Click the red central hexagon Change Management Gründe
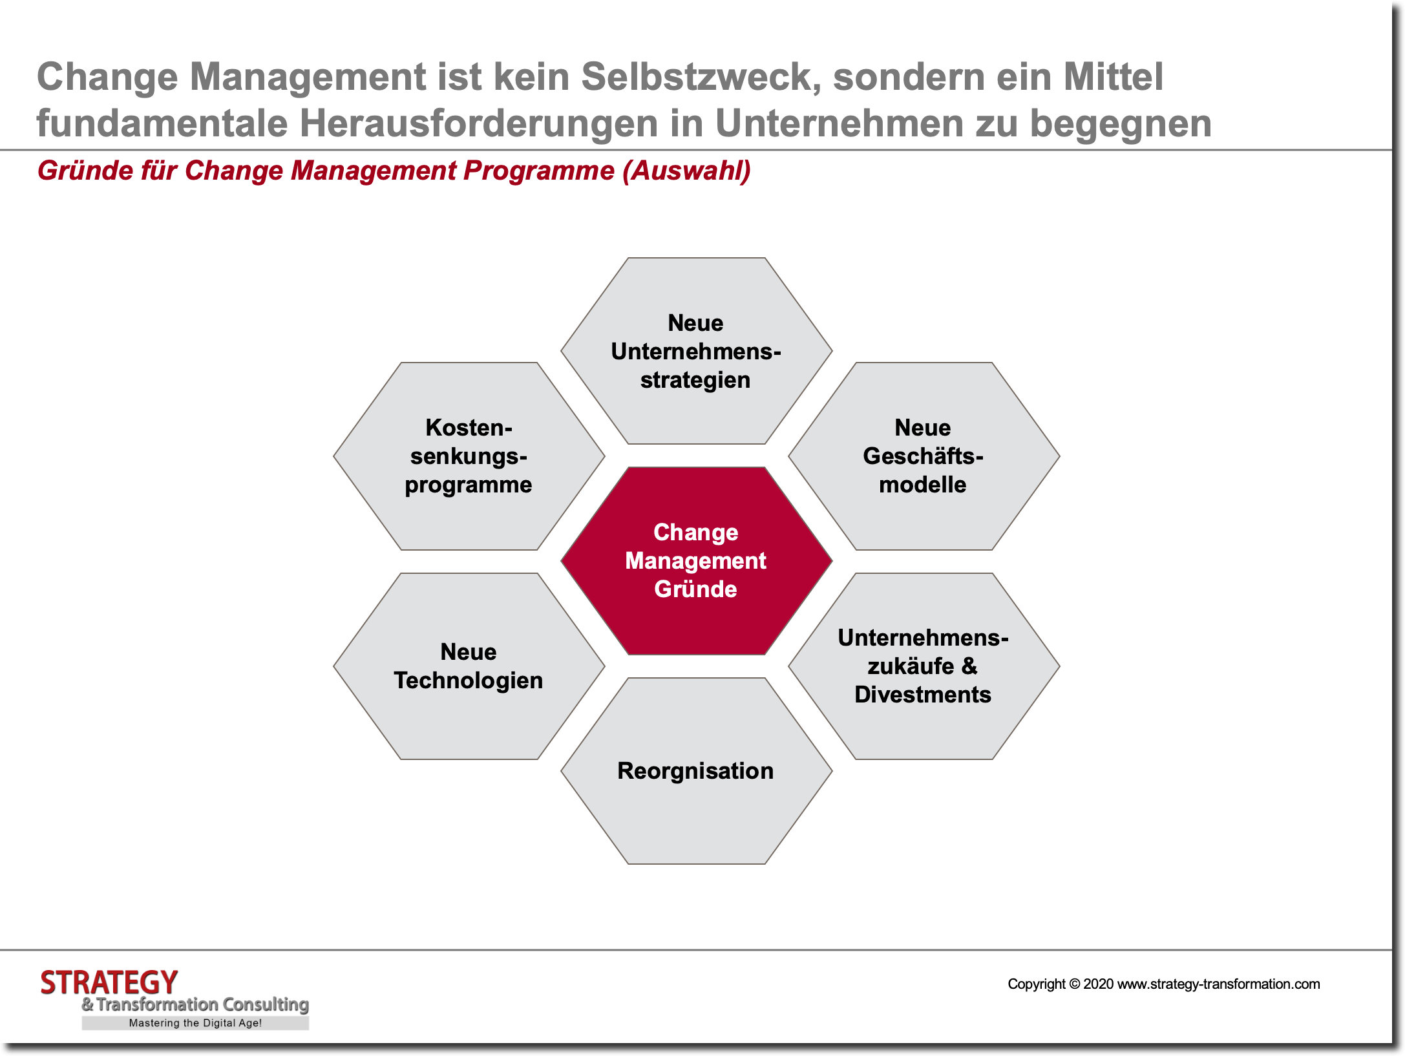click(x=696, y=560)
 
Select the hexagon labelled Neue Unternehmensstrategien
click(x=696, y=351)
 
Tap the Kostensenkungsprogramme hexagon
click(x=469, y=456)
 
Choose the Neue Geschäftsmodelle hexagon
click(x=923, y=456)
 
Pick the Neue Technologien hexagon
click(x=469, y=666)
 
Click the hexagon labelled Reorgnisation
click(x=696, y=770)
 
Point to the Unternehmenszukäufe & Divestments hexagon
click(x=923, y=666)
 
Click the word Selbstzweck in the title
click(x=701, y=77)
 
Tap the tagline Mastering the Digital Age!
click(x=195, y=1023)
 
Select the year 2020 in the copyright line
click(x=1098, y=984)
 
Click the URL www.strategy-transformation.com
click(x=1218, y=984)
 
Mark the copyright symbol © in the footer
click(x=1074, y=984)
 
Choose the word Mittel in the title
click(x=1113, y=77)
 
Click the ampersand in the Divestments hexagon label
click(x=969, y=666)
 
